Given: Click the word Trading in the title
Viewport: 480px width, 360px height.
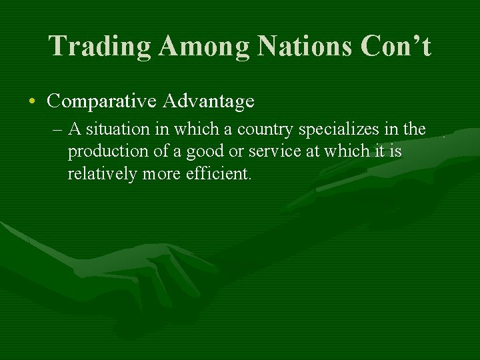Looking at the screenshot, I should click(x=100, y=46).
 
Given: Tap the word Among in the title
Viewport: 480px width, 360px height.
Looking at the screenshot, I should click(x=205, y=46).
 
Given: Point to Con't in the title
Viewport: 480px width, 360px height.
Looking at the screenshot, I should click(x=396, y=46).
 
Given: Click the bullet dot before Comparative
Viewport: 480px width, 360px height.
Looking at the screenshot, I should click(x=33, y=102).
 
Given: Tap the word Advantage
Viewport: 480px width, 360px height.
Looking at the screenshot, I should click(x=209, y=101).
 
